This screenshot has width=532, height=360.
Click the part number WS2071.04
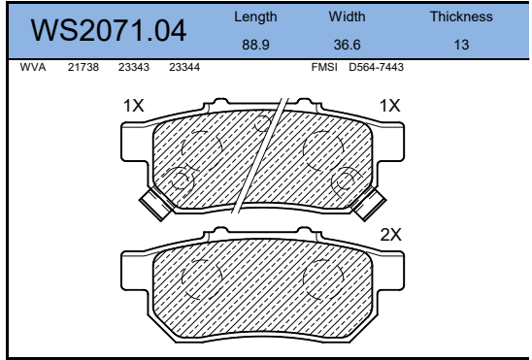coord(109,32)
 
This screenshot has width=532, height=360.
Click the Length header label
coord(255,16)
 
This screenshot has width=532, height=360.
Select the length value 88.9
coord(255,45)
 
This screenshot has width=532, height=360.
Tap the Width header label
coord(347,16)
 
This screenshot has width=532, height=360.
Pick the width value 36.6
coord(347,45)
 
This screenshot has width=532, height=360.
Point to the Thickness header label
coord(461,16)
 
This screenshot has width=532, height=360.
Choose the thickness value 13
coord(461,45)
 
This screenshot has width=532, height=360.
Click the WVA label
coord(32,68)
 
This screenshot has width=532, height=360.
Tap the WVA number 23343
coord(133,68)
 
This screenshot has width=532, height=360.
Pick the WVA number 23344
coord(183,68)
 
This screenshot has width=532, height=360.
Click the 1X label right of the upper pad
coord(389,106)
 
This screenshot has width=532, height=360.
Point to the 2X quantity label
coord(390,234)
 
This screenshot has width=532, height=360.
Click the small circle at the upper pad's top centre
coord(261,122)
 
